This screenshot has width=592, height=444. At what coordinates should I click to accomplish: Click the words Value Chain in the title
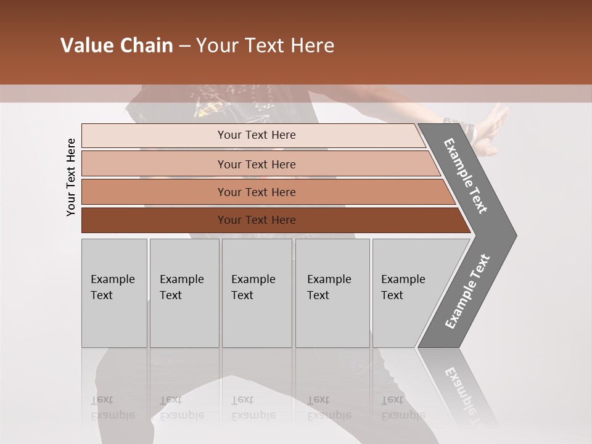coord(117,46)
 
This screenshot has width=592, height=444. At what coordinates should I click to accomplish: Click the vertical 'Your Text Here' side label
coord(72,177)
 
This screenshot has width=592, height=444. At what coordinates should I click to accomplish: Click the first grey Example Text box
coord(114,293)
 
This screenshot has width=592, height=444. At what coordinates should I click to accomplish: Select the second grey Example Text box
coord(184,293)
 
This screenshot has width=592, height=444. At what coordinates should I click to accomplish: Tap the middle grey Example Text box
coord(257,293)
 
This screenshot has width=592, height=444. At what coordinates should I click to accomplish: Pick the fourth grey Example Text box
coord(332,293)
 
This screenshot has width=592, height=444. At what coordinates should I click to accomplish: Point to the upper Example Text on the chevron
coord(466,176)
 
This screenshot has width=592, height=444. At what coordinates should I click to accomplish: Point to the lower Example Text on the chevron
coord(467,291)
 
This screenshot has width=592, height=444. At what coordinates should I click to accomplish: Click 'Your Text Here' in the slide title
coord(265,46)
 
